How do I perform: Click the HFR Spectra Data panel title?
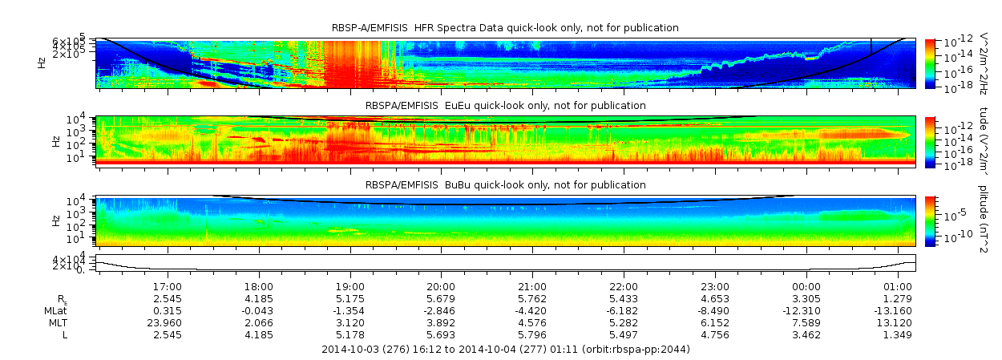(x=505, y=28)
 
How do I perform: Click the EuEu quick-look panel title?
(x=505, y=106)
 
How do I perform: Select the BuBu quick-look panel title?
(x=505, y=184)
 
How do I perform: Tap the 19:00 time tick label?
(x=350, y=286)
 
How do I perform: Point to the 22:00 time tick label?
(x=624, y=286)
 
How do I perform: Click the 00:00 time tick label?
(x=806, y=286)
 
